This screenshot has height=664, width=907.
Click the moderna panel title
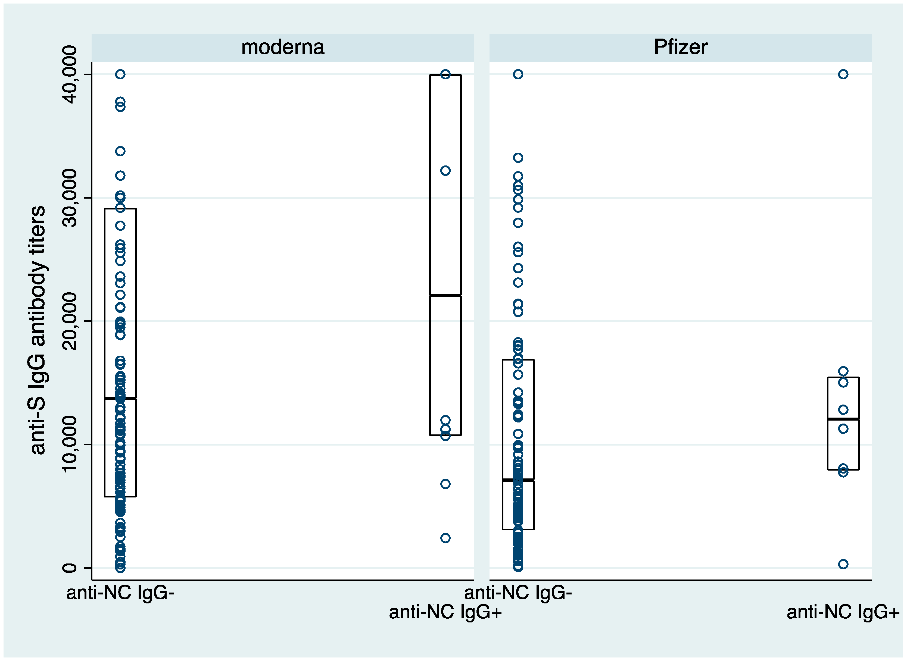(283, 48)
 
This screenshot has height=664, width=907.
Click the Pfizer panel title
(680, 48)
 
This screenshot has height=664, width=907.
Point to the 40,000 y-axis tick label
(70, 74)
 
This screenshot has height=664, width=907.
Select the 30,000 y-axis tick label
(70, 198)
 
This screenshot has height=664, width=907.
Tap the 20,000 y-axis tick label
(70, 321)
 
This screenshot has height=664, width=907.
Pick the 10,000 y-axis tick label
(70, 444)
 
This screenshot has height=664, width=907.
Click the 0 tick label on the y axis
(70, 568)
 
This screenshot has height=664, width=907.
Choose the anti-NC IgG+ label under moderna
(445, 612)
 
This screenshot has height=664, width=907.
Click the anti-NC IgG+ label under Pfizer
(843, 612)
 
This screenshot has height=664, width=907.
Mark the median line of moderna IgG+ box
(445, 295)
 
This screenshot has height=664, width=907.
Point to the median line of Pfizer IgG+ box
(843, 419)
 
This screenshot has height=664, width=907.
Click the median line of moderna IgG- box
(120, 398)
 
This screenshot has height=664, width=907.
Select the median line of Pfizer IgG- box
(518, 480)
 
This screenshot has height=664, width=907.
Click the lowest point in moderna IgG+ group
(445, 538)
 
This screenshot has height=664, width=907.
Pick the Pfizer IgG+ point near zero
(843, 564)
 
